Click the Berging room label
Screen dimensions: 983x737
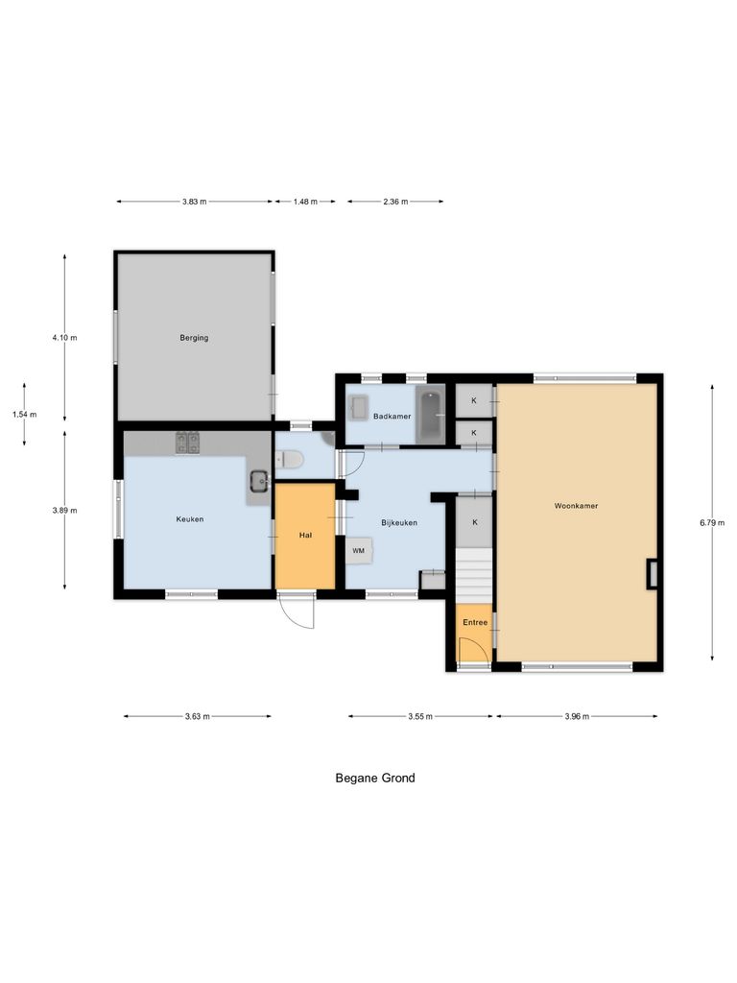tap(194, 338)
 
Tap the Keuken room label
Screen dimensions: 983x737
tap(190, 519)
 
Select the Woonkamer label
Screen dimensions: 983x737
tap(576, 505)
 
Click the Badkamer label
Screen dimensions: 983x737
tap(392, 417)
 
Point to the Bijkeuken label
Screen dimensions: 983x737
tap(398, 522)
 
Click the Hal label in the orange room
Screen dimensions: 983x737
tap(305, 536)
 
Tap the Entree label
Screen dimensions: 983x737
tap(475, 623)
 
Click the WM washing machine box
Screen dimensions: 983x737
tap(359, 550)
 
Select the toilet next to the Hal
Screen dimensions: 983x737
tap(290, 461)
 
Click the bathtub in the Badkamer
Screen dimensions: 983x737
tap(431, 414)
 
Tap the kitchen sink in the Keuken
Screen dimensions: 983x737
tap(258, 481)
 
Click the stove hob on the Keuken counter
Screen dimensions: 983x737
tap(187, 443)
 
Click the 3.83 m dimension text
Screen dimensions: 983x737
tap(194, 202)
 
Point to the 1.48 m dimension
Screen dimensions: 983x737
tap(304, 202)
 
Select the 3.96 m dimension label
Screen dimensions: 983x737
tap(577, 716)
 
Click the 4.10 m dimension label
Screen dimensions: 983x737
tap(65, 337)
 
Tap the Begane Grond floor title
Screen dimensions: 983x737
tap(375, 779)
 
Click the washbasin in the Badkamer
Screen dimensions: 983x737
tap(360, 408)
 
